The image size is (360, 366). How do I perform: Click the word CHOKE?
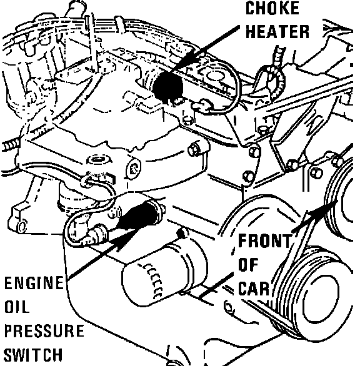[x=272, y=8]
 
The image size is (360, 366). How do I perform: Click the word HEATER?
[x=277, y=31]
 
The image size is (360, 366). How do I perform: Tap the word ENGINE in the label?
[x=34, y=283]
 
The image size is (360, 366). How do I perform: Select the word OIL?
[x=17, y=307]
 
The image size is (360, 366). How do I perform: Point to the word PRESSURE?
[x=44, y=330]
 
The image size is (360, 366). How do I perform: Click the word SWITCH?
[x=33, y=355]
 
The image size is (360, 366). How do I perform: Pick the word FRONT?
[x=265, y=240]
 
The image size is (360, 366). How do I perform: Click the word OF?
[x=248, y=265]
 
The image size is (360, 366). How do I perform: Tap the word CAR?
[x=254, y=289]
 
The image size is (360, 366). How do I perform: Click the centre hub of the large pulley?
[x=321, y=299]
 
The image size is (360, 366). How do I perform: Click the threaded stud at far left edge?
[x=11, y=146]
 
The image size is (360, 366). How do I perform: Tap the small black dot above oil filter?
[x=181, y=233]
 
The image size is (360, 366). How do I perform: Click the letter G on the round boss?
[x=133, y=169]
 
